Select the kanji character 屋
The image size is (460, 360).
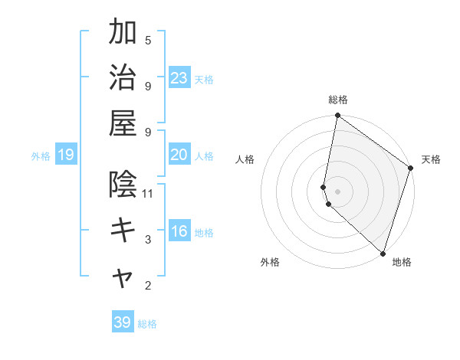coord(123,124)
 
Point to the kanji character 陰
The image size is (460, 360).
coord(123,185)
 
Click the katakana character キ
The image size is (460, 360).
coord(123,231)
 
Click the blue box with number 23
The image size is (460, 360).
coord(179,77)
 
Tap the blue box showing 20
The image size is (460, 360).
coord(179,155)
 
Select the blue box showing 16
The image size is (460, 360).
coord(179,232)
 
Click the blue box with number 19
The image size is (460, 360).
coord(66,155)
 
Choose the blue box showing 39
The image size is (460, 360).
coord(123,322)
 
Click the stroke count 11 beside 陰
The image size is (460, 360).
coord(149,193)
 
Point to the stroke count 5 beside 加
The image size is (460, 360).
coord(148,40)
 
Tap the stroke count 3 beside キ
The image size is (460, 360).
coord(148,240)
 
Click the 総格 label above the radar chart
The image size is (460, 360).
coord(338,100)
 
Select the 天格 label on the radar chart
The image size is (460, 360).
coord(431,159)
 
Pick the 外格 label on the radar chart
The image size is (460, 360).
coord(269,263)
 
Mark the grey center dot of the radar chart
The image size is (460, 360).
coord(338,190)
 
